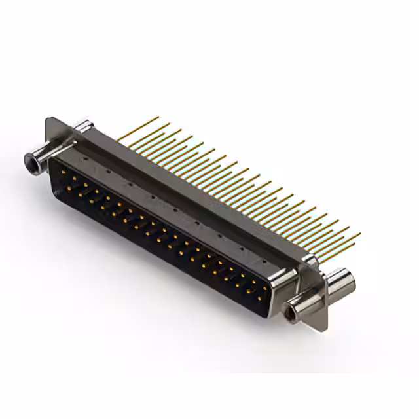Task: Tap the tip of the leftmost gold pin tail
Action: pyautogui.click(x=158, y=118)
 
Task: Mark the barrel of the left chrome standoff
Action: pyautogui.click(x=39, y=157)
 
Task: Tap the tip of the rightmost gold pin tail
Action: pyautogui.click(x=359, y=233)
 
